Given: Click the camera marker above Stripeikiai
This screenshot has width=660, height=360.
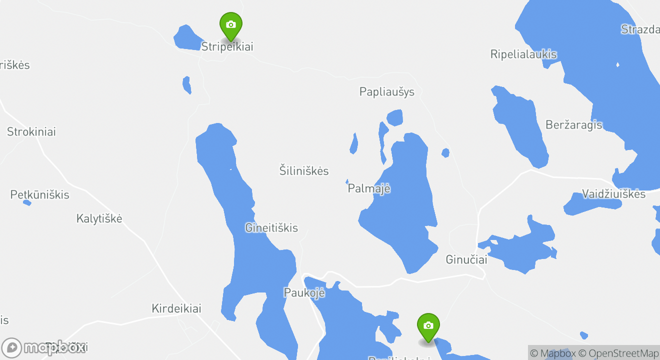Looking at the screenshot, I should click(230, 25).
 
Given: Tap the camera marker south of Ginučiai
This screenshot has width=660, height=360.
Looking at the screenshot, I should click(428, 326).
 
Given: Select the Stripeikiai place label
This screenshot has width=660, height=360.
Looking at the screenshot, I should click(227, 46).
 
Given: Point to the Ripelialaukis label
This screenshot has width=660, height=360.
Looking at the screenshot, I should click(523, 54).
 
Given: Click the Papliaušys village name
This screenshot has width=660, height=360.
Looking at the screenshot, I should click(387, 92).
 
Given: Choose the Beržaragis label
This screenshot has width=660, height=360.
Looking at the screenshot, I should click(574, 125).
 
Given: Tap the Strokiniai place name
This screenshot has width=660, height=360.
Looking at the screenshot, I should click(31, 132).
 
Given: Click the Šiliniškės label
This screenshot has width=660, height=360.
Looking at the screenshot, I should click(304, 171).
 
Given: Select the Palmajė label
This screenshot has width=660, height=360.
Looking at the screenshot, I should click(369, 189).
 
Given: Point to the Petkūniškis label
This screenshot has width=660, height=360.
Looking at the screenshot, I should click(40, 195).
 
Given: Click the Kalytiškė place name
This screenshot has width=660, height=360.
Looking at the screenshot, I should click(99, 218).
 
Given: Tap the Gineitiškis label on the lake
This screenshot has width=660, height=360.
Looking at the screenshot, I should click(271, 228).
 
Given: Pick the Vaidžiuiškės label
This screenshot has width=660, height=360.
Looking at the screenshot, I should click(614, 194).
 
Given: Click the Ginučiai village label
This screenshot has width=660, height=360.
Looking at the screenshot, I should click(466, 260).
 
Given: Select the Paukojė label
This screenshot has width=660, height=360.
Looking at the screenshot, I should click(304, 292).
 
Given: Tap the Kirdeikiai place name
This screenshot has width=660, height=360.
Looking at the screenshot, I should click(176, 308).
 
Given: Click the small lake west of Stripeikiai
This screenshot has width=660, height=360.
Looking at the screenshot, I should click(187, 38).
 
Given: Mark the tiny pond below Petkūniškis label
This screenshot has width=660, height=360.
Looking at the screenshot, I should click(27, 202).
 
